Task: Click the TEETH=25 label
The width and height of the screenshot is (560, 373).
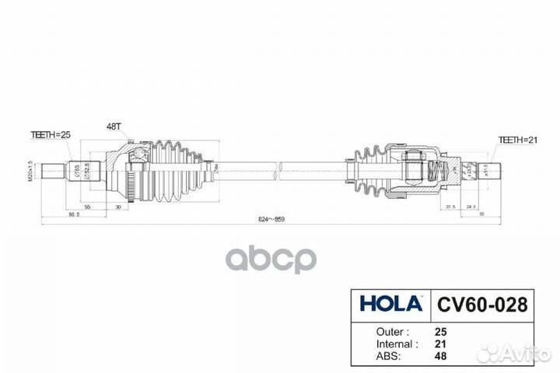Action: pos(51,135)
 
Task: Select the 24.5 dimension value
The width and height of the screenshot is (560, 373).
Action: pos(471,207)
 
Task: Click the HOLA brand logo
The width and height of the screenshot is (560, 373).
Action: pos(390,301)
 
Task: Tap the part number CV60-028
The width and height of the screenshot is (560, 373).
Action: pos(480,302)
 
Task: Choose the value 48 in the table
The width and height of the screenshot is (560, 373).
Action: pos(439,356)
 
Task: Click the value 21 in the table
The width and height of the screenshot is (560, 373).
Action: pos(439,343)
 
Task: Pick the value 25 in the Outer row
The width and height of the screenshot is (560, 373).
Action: pos(439,329)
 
